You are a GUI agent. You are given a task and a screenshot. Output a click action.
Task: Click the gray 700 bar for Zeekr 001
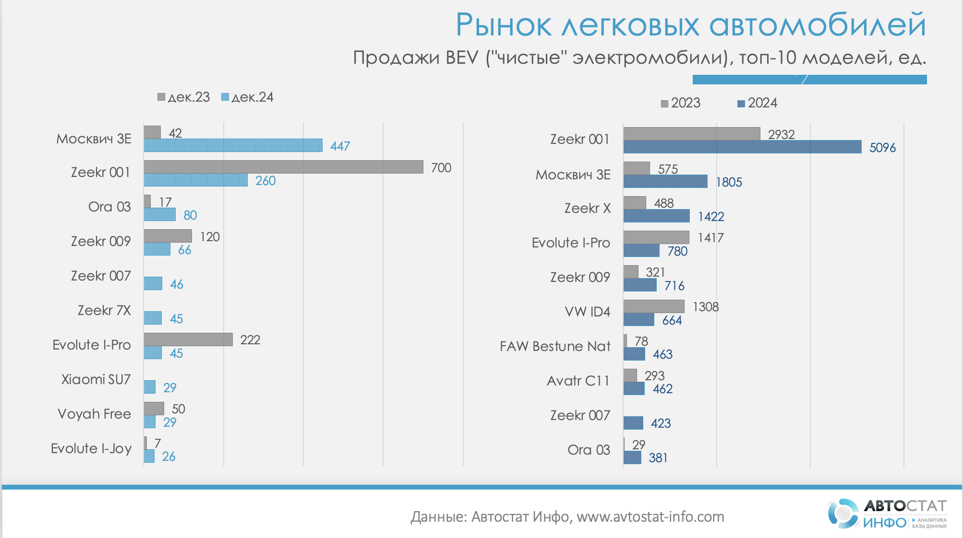283,167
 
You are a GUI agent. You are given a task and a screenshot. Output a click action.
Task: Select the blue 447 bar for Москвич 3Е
233,145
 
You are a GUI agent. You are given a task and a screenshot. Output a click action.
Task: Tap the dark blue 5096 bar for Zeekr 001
742,147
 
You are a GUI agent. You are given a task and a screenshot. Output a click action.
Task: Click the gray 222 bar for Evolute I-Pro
188,339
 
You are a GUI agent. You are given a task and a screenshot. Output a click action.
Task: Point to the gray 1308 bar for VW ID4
654,306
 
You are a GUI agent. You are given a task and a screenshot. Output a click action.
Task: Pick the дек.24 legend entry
247,97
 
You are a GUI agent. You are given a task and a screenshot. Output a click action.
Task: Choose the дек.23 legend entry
184,97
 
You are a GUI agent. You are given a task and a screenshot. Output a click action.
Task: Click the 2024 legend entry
757,103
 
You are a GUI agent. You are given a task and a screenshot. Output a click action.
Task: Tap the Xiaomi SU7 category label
96,380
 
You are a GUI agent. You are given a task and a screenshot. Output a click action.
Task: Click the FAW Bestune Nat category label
555,346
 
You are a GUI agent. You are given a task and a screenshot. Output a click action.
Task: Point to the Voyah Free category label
94,414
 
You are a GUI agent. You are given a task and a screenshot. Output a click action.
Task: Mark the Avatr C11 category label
578,381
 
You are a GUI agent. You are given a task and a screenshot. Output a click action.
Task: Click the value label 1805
729,182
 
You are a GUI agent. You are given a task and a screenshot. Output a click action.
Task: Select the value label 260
265,181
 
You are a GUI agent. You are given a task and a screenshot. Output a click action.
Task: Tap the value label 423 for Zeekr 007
661,423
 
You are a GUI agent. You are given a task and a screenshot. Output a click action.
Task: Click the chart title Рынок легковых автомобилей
690,25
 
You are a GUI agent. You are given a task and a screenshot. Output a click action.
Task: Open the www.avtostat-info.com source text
650,517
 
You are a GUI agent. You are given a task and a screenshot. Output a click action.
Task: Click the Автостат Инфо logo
887,513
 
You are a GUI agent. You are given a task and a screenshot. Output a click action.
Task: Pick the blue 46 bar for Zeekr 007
153,284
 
